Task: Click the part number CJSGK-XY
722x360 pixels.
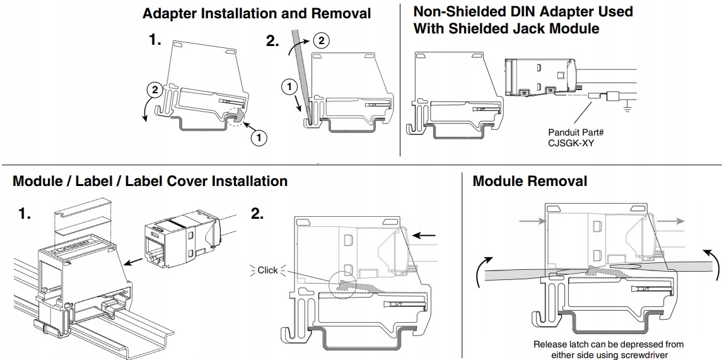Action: point(571,143)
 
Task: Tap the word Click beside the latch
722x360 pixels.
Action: point(267,270)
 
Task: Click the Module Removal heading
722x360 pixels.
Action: point(530,181)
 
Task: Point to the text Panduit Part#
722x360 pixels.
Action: point(576,132)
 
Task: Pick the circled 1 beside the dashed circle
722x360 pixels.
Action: point(259,137)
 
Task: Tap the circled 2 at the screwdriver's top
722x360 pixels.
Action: point(322,40)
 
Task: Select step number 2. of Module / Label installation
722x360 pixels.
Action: point(257,214)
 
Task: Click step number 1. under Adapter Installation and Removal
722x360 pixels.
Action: point(154,40)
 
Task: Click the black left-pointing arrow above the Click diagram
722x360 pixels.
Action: point(424,236)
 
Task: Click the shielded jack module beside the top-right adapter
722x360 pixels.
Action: point(541,78)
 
